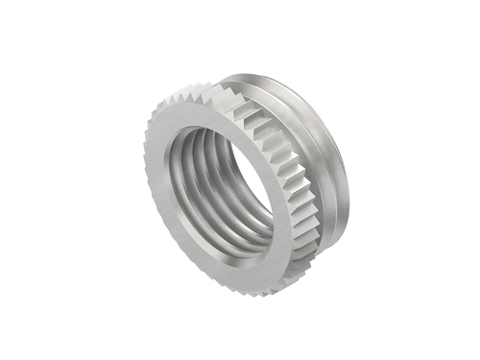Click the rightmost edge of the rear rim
348,182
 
